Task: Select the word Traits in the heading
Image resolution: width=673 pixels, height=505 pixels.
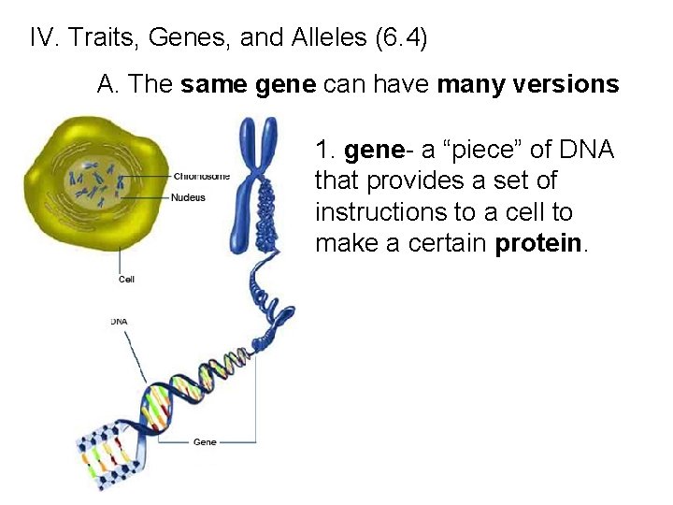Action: (x=98, y=38)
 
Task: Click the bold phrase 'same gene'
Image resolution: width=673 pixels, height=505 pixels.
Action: (x=248, y=85)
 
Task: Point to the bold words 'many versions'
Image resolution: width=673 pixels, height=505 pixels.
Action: (x=527, y=85)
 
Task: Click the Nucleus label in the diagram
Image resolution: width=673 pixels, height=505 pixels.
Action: (x=189, y=197)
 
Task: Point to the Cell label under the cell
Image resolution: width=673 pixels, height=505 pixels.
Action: (x=126, y=280)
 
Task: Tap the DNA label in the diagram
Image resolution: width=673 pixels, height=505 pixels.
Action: (x=120, y=322)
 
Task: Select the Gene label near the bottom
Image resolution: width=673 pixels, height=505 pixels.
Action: (x=205, y=441)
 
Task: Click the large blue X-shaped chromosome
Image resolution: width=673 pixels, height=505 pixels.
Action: (x=257, y=178)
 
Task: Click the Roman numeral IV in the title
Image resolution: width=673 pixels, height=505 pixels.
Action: (x=41, y=38)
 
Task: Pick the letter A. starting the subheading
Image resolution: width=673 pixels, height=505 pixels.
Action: (x=108, y=85)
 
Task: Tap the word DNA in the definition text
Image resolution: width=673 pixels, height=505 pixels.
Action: (x=580, y=151)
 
